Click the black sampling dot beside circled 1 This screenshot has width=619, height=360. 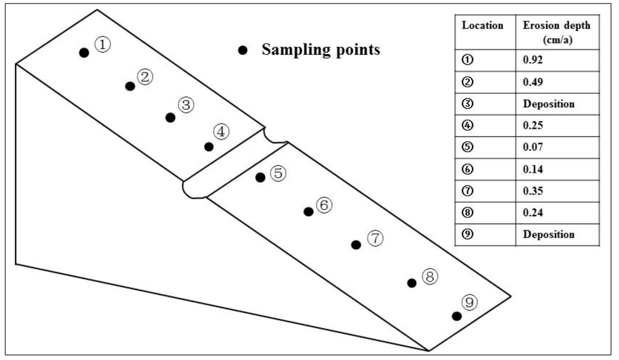(84, 53)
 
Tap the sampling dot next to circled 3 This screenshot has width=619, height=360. (170, 118)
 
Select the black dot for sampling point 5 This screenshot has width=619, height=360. (260, 177)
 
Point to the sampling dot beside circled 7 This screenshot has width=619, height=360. (356, 245)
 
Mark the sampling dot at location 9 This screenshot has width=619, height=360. (457, 316)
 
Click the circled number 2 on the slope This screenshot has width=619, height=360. (145, 77)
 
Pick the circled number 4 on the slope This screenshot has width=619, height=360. (221, 131)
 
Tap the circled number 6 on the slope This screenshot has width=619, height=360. (324, 205)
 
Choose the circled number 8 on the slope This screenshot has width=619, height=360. (429, 277)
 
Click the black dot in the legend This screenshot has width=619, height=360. (243, 51)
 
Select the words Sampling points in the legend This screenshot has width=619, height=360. (320, 50)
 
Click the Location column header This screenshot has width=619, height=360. (482, 26)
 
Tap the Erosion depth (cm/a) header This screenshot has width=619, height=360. (556, 31)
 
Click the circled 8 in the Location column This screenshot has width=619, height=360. (466, 213)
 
